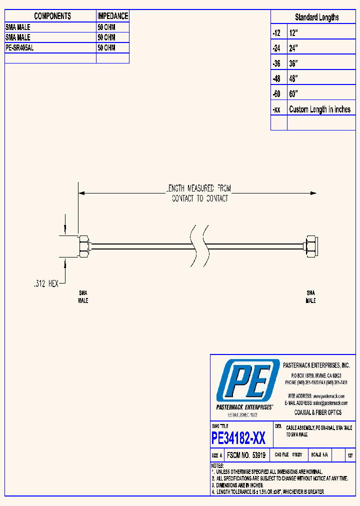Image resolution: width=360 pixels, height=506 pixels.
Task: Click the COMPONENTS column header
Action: [52, 16]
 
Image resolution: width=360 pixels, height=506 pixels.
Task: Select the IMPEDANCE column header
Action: [112, 16]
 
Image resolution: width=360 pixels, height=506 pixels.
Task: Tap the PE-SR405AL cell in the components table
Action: [19, 48]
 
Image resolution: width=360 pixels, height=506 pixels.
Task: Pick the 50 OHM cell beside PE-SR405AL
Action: [106, 48]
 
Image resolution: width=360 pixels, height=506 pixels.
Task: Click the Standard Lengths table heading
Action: [316, 17]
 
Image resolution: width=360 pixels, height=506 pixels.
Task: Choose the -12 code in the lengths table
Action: [276, 33]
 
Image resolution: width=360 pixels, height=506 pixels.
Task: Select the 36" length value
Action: [293, 63]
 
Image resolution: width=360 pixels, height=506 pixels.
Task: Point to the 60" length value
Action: [293, 94]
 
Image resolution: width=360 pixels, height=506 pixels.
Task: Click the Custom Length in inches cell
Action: [319, 109]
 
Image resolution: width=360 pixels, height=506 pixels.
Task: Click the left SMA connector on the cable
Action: [84, 246]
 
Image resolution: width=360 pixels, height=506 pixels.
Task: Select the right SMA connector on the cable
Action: [310, 246]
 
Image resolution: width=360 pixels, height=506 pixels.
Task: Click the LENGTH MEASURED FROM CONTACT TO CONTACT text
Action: [199, 193]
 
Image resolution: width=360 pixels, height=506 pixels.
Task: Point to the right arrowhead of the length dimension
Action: [313, 193]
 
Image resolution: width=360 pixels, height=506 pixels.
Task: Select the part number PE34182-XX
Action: [238, 438]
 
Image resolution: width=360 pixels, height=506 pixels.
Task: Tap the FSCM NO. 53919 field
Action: [245, 455]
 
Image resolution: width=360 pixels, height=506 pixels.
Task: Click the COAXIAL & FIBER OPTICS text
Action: [317, 412]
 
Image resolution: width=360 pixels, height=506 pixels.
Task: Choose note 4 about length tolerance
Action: [267, 492]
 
